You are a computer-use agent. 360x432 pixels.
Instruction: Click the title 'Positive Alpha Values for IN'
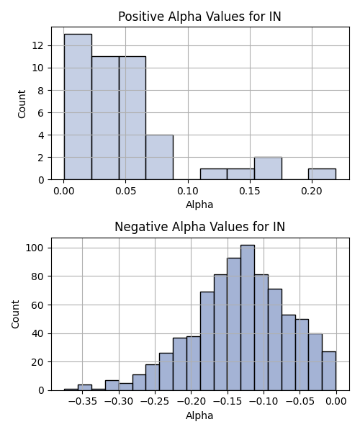(199, 17)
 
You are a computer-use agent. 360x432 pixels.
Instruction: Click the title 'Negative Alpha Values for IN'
(199, 227)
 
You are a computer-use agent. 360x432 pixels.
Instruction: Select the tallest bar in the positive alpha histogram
(78, 107)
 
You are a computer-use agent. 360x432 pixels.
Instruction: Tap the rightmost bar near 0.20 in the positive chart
(322, 174)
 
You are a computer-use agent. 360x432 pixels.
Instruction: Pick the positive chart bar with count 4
(159, 157)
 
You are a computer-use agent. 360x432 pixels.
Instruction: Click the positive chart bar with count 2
(268, 168)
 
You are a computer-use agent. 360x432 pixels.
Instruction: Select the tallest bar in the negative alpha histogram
(248, 318)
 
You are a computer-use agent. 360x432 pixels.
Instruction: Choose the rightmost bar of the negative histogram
(329, 371)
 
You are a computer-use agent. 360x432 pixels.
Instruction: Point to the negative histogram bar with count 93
(234, 324)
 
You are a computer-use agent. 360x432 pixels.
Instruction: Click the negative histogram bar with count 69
(207, 341)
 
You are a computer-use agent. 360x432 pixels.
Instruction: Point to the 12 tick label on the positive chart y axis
(38, 46)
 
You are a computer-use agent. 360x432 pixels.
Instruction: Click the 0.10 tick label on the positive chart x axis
(188, 191)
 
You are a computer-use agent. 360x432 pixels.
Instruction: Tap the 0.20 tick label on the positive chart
(312, 191)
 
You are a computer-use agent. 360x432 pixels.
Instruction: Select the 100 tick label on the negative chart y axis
(35, 248)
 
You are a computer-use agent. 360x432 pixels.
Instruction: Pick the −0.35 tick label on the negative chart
(83, 402)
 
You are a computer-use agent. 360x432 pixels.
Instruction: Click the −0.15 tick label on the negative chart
(228, 402)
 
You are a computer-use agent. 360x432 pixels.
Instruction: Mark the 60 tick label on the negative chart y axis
(38, 305)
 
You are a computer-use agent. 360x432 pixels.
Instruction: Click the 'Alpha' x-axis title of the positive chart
(199, 204)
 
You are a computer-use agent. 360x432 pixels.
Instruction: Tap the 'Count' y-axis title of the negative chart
(15, 315)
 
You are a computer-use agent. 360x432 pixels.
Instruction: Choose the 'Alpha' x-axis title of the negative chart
(199, 415)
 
